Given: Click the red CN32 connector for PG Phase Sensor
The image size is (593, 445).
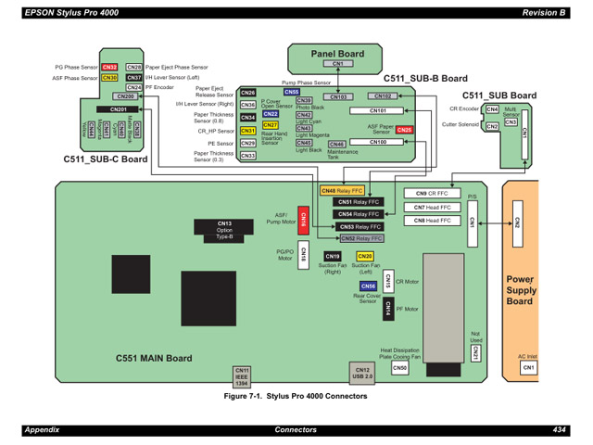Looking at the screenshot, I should (109, 68).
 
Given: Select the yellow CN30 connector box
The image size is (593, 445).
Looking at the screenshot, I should (109, 78).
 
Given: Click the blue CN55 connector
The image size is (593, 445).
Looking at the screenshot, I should (291, 92).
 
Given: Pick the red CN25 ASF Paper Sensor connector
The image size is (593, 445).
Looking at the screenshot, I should (404, 130).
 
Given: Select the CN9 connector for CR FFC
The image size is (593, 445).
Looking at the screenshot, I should (419, 193).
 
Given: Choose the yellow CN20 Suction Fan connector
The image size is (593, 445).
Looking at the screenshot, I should (364, 256).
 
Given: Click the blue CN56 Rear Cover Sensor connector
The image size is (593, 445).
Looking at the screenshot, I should (368, 286).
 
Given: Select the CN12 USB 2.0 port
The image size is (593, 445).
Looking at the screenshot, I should (362, 374).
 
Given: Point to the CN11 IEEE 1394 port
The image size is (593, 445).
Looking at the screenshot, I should (242, 375).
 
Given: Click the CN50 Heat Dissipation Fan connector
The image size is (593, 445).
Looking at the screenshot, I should (399, 368).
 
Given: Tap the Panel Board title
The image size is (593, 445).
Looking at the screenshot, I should (337, 54).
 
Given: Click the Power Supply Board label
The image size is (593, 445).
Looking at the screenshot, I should (520, 289).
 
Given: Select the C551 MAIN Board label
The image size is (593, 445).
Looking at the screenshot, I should (154, 357).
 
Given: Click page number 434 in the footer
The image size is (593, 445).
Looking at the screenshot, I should (559, 430).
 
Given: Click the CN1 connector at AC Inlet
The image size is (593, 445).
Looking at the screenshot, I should (528, 368).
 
